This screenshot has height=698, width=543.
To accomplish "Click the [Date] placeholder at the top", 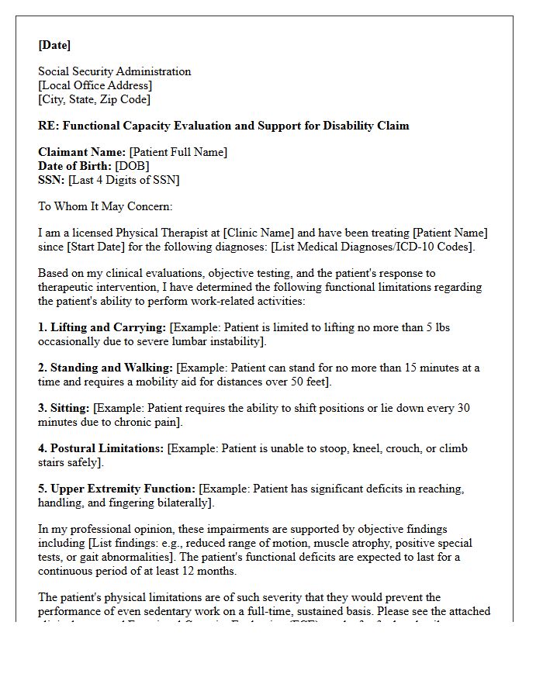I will pyautogui.click(x=54, y=45).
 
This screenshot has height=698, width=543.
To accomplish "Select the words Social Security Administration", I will pyautogui.click(x=114, y=71).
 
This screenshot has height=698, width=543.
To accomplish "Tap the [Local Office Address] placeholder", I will pyautogui.click(x=95, y=85).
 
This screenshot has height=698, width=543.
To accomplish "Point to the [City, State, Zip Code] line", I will pyautogui.click(x=94, y=99).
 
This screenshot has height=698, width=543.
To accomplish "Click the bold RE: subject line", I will pyautogui.click(x=223, y=126).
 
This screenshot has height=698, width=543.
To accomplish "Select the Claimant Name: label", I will pyautogui.click(x=82, y=152).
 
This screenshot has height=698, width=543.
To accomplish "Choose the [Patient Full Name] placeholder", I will pyautogui.click(x=178, y=152).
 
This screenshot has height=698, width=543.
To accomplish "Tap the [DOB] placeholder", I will pyautogui.click(x=132, y=166).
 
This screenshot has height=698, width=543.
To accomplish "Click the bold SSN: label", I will pyautogui.click(x=52, y=180).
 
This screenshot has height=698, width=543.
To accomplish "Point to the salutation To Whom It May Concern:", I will pyautogui.click(x=105, y=206).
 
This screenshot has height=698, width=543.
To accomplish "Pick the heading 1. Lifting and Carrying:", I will pyautogui.click(x=102, y=327).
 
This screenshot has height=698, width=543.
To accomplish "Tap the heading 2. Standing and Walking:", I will pyautogui.click(x=105, y=368).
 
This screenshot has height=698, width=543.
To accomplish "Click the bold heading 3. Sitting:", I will pyautogui.click(x=64, y=408).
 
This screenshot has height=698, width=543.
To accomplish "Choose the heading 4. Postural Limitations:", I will pyautogui.click(x=101, y=448).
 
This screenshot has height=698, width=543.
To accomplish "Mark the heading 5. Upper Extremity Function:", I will pyautogui.click(x=116, y=489).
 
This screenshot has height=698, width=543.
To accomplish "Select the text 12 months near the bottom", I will pyautogui.click(x=212, y=571).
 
